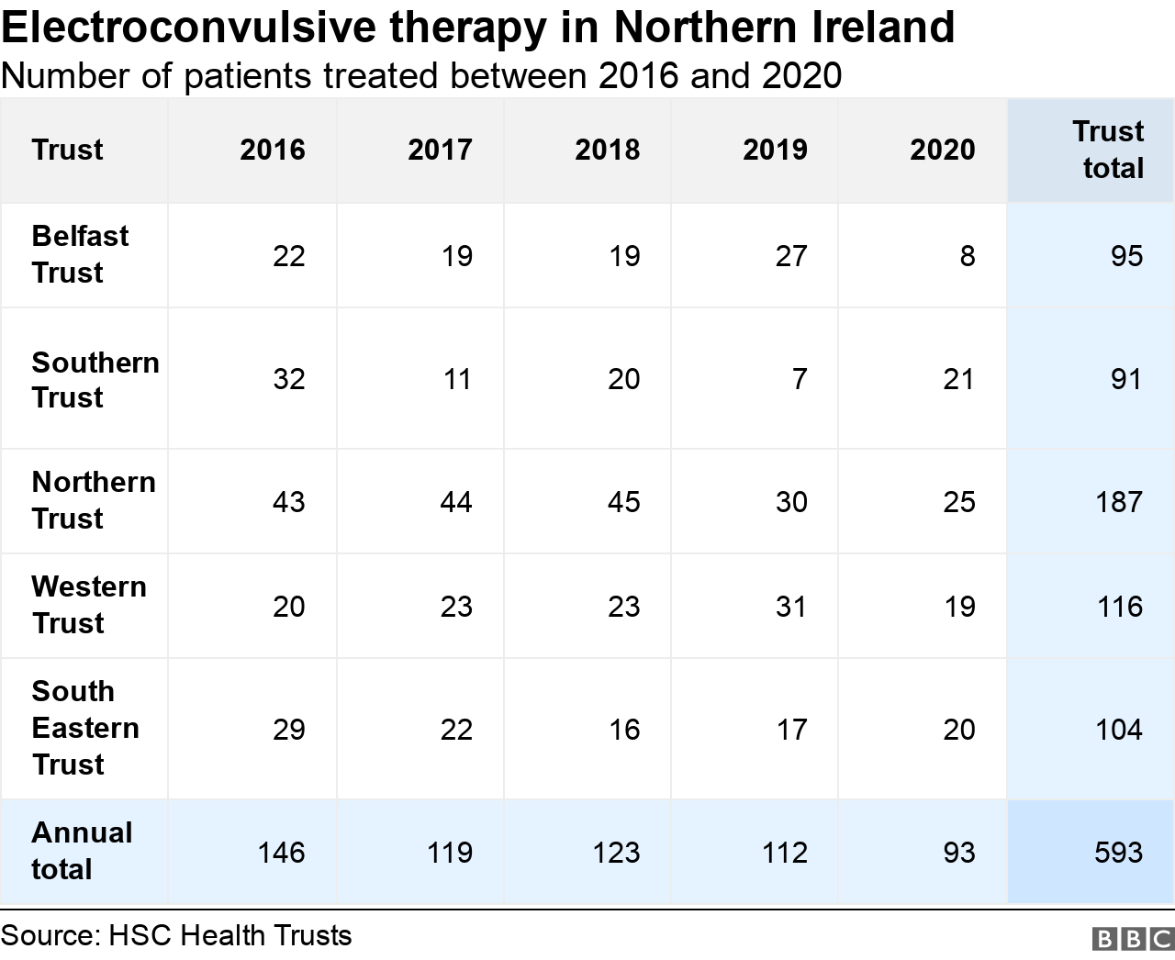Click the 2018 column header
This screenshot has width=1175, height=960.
click(607, 150)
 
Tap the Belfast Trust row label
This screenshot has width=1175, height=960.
click(80, 254)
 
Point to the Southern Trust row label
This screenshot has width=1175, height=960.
click(95, 379)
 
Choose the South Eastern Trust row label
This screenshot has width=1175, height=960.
click(84, 728)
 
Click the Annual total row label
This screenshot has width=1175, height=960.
click(81, 851)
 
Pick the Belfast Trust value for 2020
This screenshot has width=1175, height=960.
click(967, 256)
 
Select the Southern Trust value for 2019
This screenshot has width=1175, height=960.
click(800, 379)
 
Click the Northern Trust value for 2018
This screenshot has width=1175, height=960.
click(623, 502)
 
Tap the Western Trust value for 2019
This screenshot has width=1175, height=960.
click(790, 607)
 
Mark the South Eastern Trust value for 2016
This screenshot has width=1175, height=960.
click(288, 730)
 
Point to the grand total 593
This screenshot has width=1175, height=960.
click(1118, 853)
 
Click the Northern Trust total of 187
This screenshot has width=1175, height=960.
click(1118, 502)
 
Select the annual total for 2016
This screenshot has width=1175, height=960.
click(281, 853)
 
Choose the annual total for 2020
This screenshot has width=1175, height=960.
click(958, 853)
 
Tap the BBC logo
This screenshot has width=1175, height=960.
click(1133, 939)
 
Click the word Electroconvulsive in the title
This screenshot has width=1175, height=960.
click(189, 28)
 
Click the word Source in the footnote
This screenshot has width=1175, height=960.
click(50, 936)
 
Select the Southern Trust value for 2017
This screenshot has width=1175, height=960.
click(456, 379)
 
